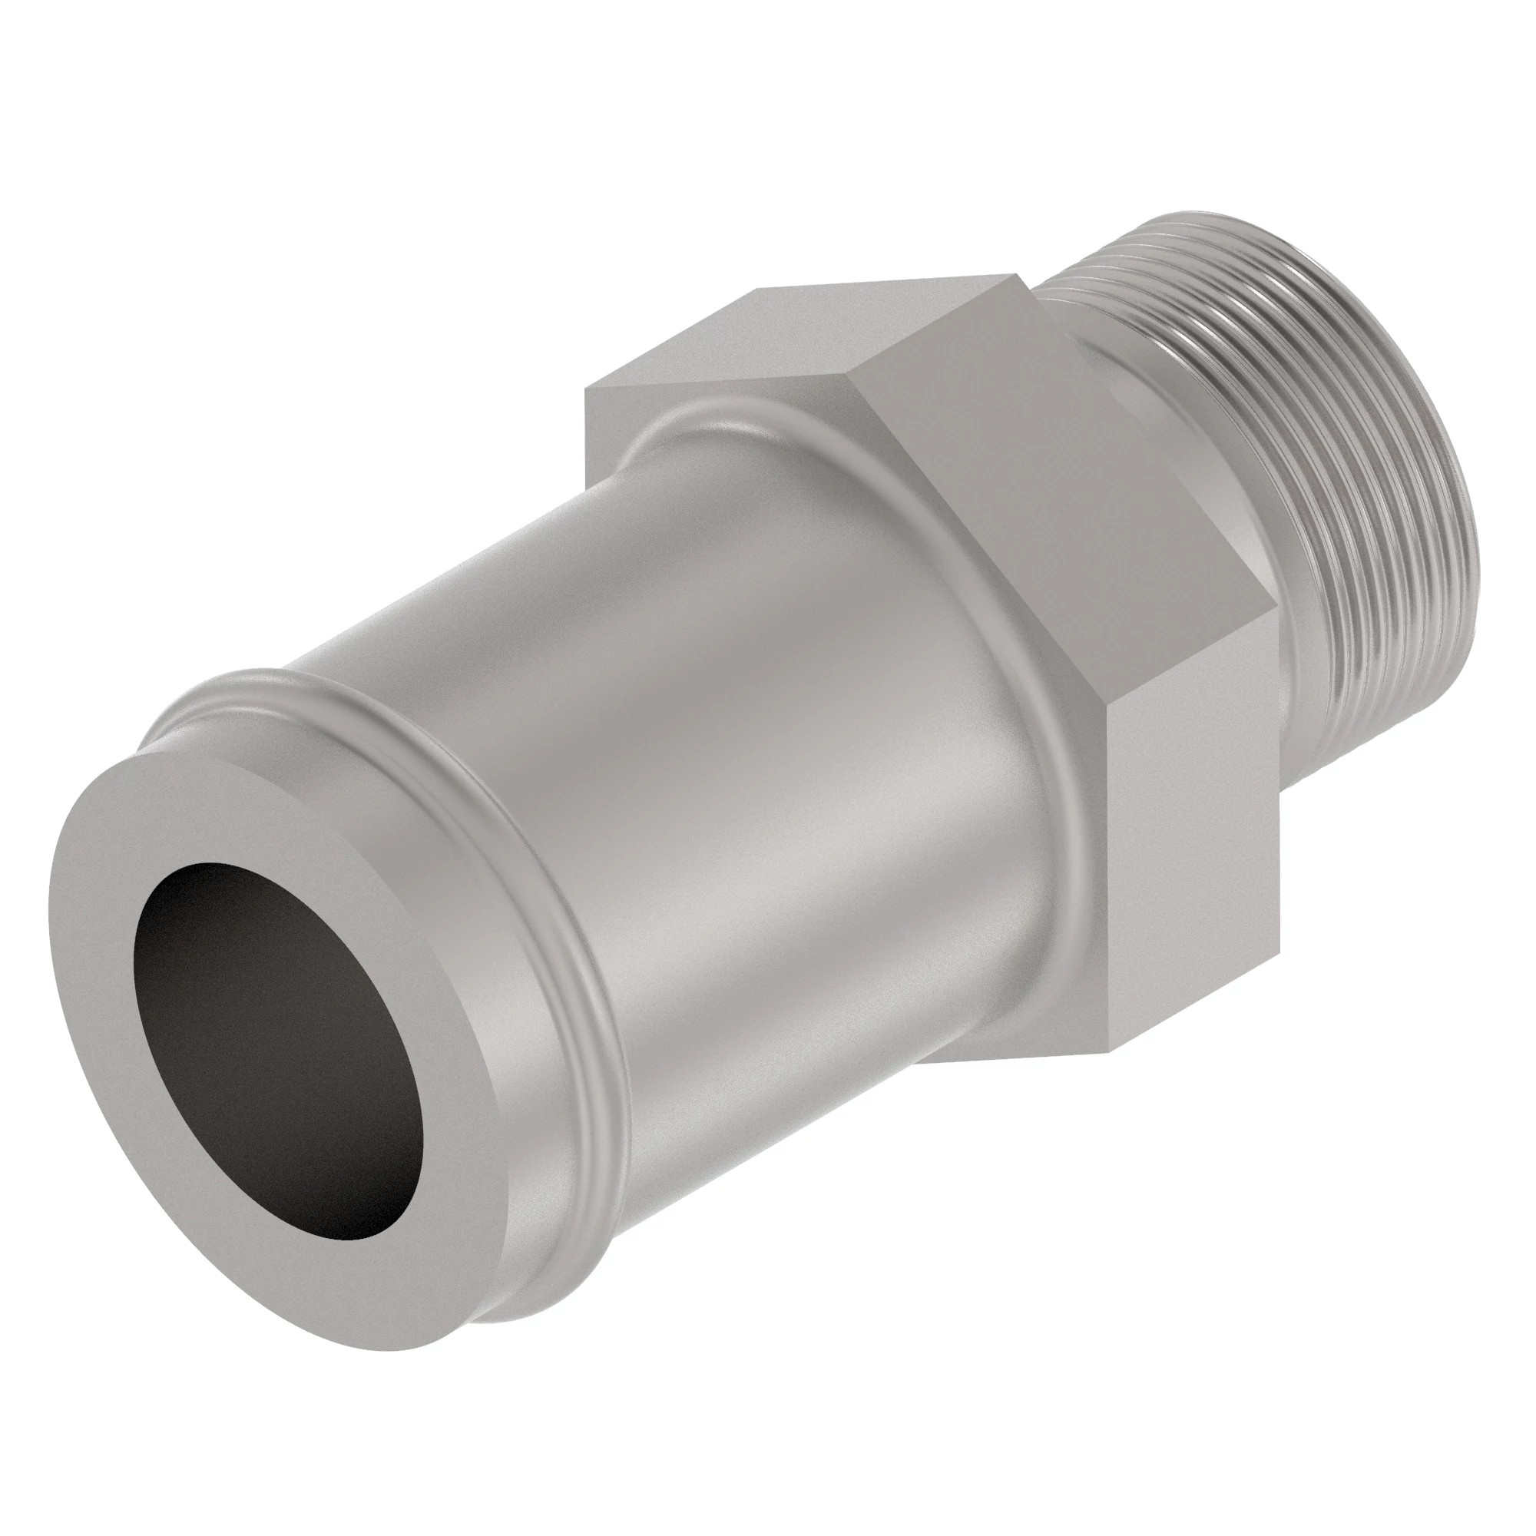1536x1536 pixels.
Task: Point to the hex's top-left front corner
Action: (586, 388)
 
